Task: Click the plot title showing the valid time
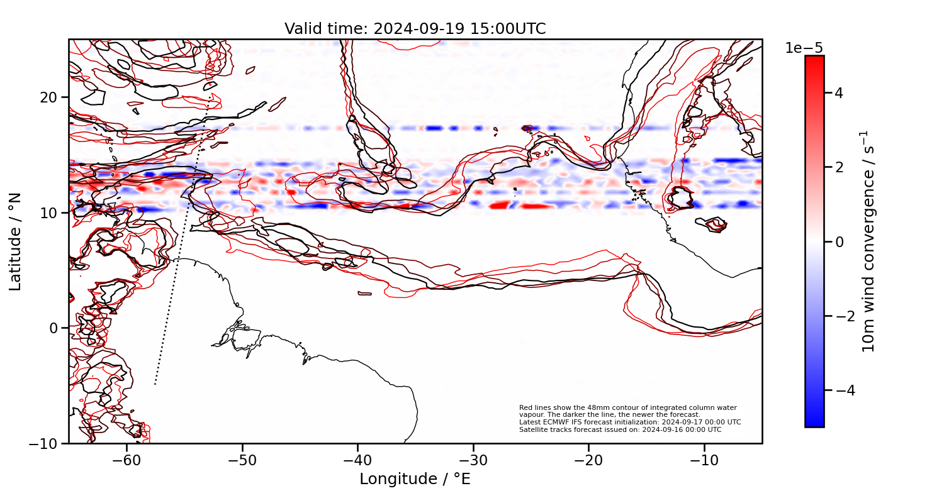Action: pos(415,29)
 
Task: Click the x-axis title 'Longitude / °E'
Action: pos(415,479)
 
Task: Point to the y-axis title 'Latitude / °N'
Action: pos(16,241)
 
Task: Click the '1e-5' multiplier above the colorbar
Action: pos(804,48)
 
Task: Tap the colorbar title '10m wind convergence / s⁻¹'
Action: pos(868,241)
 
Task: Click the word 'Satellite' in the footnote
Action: pos(531,429)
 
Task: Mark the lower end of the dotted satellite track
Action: pos(155,384)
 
